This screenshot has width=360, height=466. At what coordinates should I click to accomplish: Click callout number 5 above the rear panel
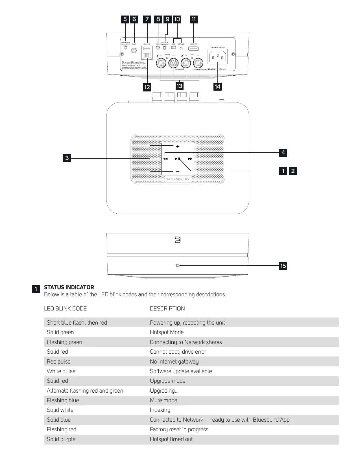125,19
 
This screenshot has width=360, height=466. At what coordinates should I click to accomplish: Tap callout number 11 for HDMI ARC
193,19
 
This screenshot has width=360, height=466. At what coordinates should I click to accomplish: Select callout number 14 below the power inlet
217,87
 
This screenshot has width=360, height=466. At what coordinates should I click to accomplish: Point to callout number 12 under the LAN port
147,87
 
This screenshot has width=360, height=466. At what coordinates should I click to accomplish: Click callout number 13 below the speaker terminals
179,86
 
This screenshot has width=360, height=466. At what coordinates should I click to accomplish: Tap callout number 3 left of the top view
67,158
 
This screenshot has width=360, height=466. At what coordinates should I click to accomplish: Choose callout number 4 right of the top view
283,153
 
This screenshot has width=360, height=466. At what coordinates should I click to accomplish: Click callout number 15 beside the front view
283,266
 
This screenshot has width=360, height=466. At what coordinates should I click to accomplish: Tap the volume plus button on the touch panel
178,146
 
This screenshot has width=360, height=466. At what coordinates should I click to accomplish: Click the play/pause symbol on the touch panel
178,159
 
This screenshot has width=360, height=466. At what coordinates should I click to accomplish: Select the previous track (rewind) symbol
165,159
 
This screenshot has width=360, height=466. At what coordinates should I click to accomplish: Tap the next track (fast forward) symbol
190,159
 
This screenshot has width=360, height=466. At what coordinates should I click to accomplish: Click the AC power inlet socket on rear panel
217,57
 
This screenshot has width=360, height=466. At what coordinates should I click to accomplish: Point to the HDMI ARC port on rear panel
193,49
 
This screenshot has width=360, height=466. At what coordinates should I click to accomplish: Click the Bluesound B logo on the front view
178,240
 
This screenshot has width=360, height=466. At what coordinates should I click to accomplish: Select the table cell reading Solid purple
61,439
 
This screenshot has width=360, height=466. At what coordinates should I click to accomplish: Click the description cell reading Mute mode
163,400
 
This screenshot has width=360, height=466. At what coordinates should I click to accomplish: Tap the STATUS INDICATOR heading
69,287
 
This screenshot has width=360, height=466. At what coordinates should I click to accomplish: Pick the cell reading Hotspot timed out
171,439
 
